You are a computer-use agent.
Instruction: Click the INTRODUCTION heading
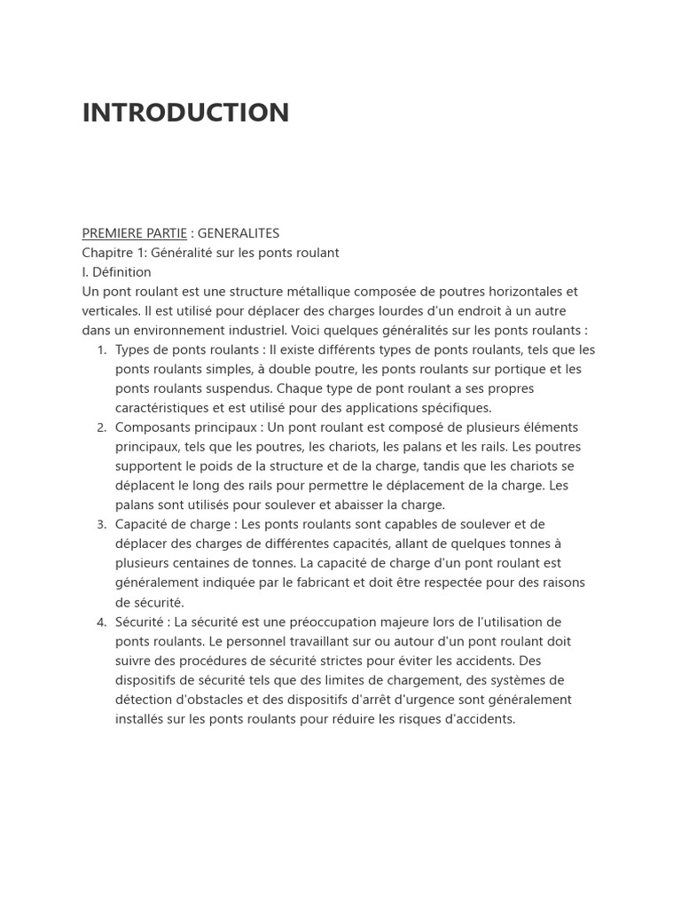pos(185,113)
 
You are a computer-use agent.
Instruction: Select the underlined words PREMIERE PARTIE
pos(134,233)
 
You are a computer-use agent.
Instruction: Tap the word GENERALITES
pos(238,233)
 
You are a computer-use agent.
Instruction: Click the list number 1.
pos(101,350)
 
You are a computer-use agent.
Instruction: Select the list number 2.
pos(101,428)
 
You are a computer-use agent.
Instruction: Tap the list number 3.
pos(101,525)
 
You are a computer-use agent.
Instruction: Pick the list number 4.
pos(101,622)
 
